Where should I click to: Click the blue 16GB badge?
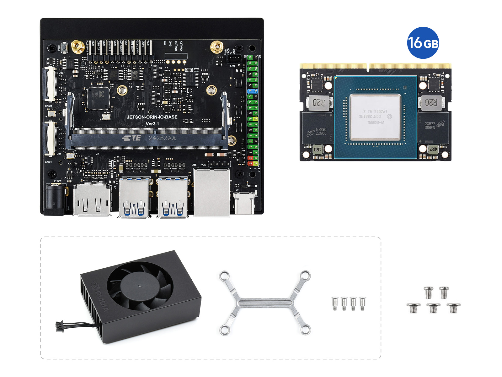423,43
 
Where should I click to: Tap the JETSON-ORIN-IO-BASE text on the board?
152,117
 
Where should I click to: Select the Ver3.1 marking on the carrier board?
152,124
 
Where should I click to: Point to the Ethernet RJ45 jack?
212,192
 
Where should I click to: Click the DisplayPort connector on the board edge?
92,200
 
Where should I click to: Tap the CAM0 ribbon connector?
50,84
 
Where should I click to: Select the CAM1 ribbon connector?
50,138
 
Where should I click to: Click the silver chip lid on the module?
375,117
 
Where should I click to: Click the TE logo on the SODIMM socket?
132,138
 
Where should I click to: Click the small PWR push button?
64,48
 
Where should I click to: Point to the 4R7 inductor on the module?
433,149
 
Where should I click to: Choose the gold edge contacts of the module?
375,66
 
